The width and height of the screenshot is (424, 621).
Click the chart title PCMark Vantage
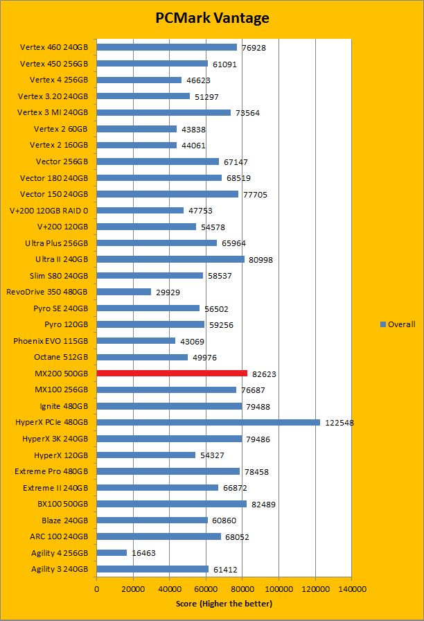click(x=212, y=18)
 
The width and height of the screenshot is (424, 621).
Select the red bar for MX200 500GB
click(x=172, y=374)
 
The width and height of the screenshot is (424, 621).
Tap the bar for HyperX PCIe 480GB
click(x=208, y=422)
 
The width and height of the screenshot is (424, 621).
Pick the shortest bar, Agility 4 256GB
click(x=112, y=553)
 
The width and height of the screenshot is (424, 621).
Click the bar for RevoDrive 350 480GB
click(x=124, y=292)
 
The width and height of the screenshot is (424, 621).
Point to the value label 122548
click(x=338, y=423)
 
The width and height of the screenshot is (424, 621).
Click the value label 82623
click(x=264, y=374)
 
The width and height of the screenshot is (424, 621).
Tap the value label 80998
click(x=261, y=260)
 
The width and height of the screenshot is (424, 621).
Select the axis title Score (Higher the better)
click(x=224, y=604)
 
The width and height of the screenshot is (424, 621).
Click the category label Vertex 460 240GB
click(x=54, y=47)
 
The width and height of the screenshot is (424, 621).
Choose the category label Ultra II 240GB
click(x=62, y=259)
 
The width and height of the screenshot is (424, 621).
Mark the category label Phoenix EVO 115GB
click(x=51, y=341)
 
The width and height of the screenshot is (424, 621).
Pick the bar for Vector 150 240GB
click(x=168, y=194)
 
